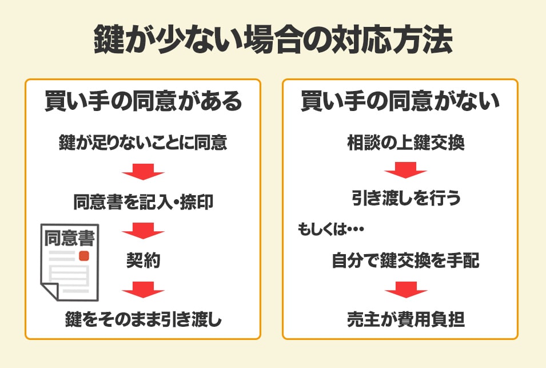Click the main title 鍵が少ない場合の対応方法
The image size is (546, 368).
pyautogui.click(x=273, y=41)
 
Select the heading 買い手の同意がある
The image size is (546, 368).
pyautogui.click(x=143, y=102)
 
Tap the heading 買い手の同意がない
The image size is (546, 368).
pyautogui.click(x=400, y=102)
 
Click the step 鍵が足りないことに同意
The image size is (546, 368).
pyautogui.click(x=143, y=143)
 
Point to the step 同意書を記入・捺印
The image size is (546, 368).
pyautogui.click(x=143, y=202)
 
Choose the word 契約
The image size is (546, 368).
pyautogui.click(x=143, y=262)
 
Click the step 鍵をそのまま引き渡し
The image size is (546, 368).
pyautogui.click(x=143, y=319)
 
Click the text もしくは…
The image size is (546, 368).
pyautogui.click(x=331, y=230)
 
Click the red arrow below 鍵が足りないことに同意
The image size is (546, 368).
pyautogui.click(x=143, y=172)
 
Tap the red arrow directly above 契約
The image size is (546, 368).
pyautogui.click(x=143, y=231)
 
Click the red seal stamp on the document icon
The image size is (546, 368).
pyautogui.click(x=84, y=255)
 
